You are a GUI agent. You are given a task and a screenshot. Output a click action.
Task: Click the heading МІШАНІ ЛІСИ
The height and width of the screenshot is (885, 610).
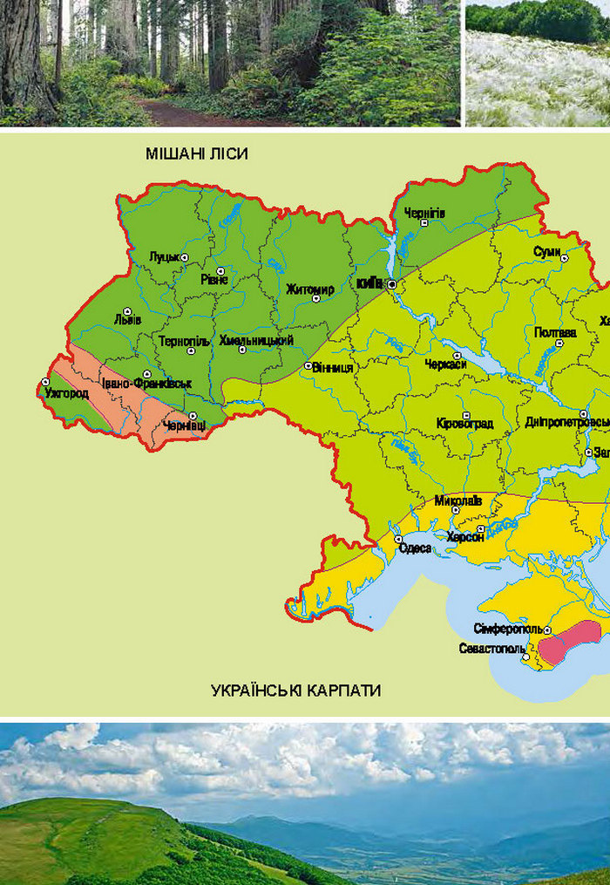[198, 154]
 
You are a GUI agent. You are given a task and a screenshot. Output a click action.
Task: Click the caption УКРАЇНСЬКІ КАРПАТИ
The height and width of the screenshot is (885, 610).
[296, 691]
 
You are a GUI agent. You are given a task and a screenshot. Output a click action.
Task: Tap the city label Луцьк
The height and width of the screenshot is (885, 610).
[164, 256]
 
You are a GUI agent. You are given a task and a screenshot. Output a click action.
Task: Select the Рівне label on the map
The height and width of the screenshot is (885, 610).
[213, 280]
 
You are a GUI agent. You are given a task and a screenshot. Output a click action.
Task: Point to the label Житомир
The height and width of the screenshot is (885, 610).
[309, 289]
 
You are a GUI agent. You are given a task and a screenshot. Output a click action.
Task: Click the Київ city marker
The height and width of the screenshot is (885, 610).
[392, 284]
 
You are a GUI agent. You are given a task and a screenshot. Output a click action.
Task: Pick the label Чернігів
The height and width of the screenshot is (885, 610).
[424, 213]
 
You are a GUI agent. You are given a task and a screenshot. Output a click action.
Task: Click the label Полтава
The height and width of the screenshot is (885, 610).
[555, 332]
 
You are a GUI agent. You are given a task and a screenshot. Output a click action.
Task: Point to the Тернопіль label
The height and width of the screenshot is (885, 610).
[184, 341]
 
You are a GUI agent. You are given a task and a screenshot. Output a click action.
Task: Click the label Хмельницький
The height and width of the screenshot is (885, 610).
[256, 340]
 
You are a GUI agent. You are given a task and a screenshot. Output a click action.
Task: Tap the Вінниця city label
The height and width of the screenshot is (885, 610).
[333, 368]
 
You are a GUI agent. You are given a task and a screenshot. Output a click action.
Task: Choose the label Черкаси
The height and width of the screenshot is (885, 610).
[445, 364]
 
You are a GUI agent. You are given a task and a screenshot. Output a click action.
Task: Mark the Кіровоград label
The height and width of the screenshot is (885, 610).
[464, 425]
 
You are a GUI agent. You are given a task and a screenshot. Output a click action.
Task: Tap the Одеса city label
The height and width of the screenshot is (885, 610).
[415, 548]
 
